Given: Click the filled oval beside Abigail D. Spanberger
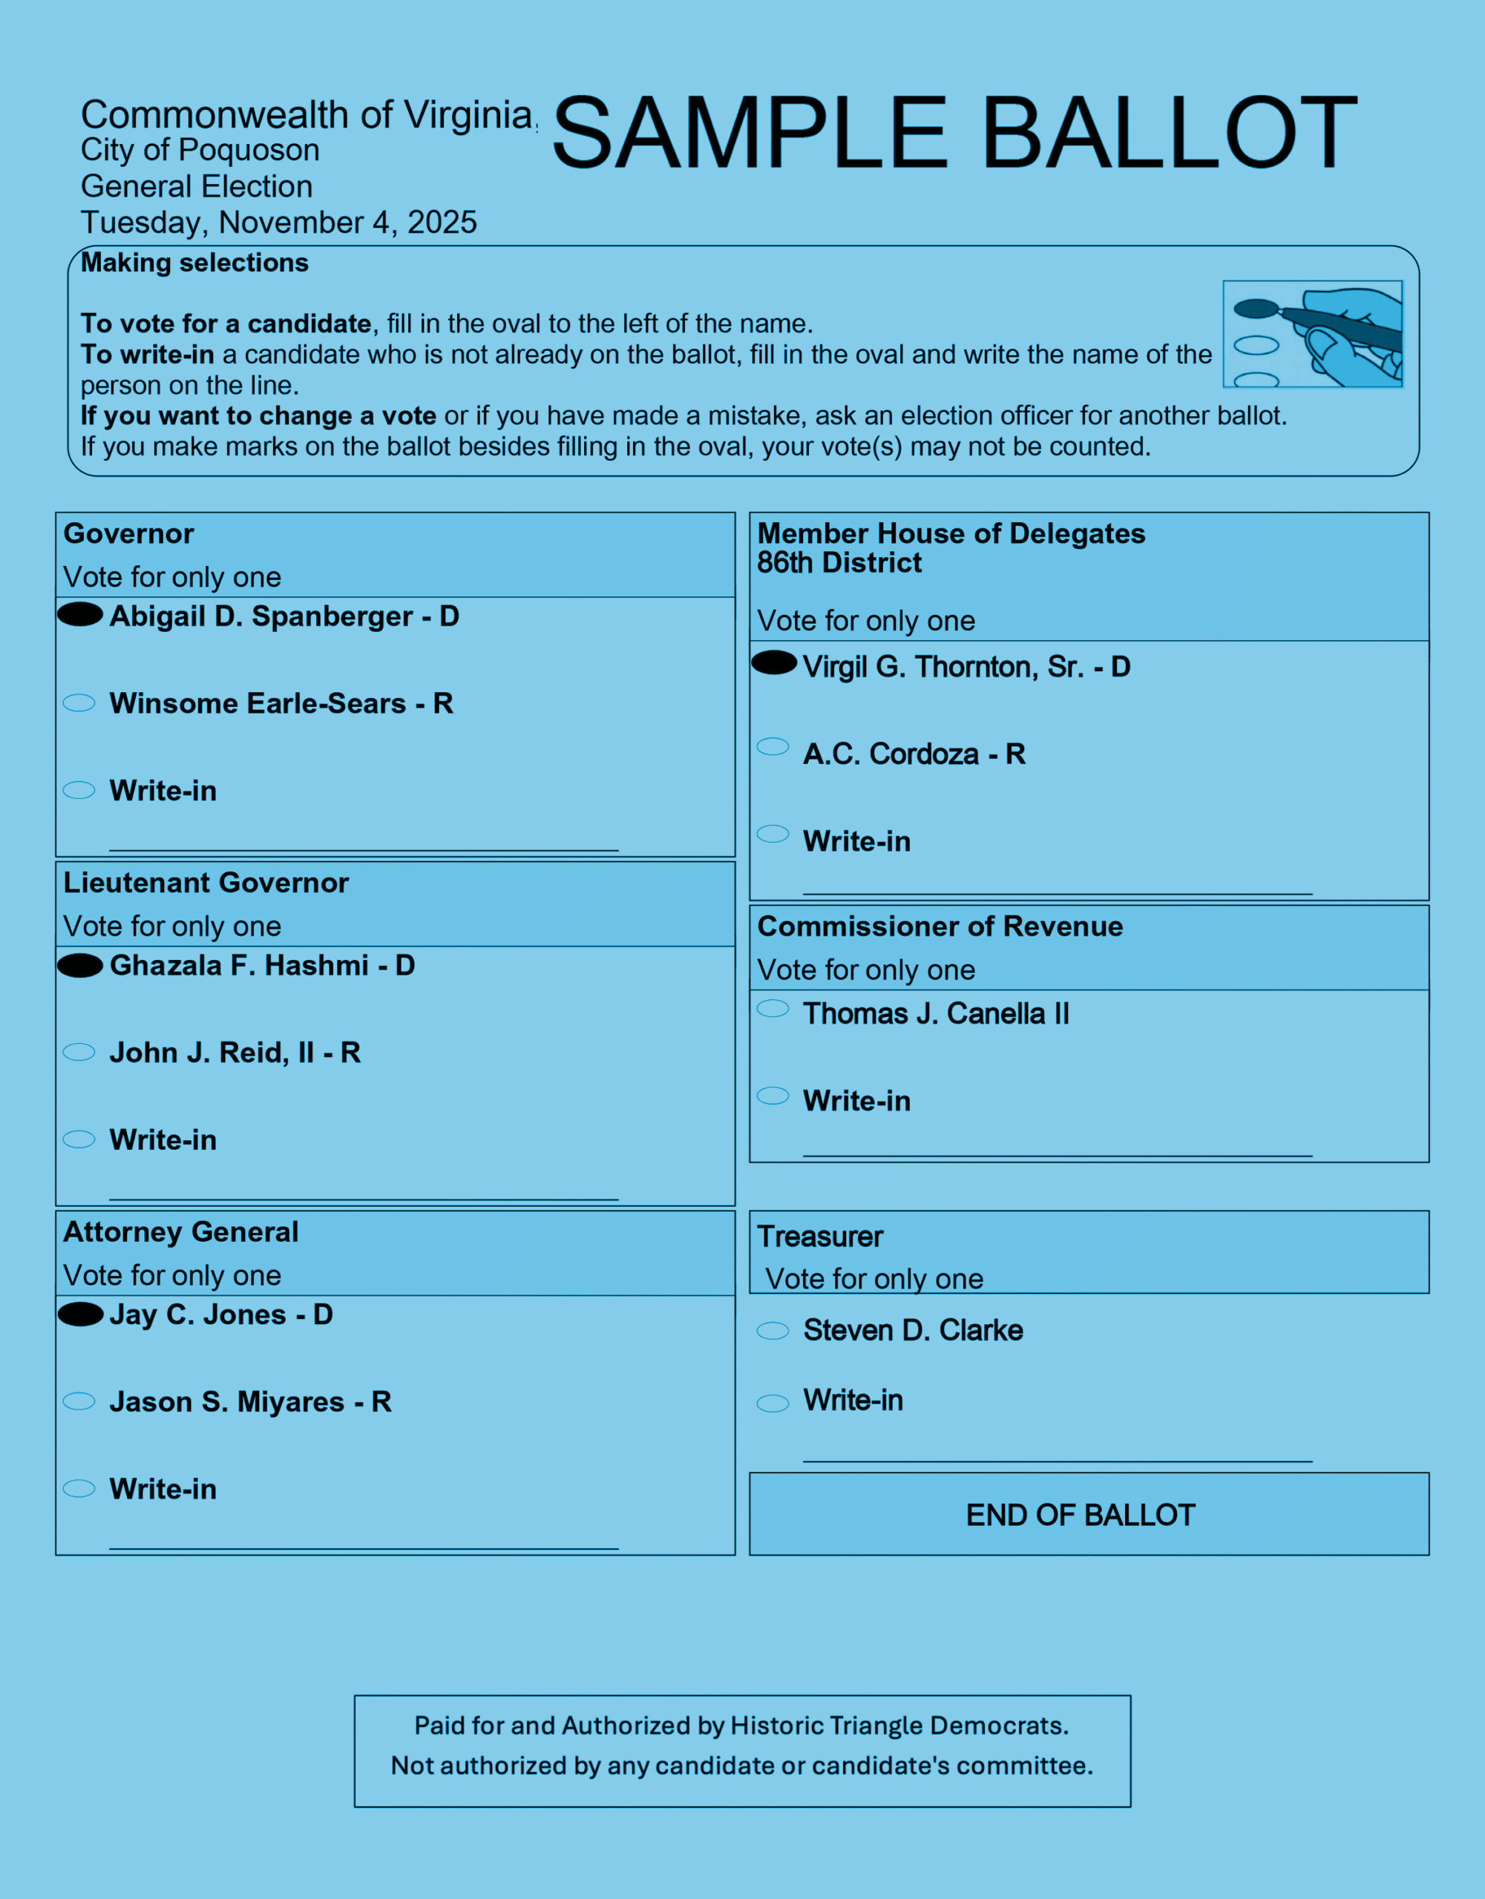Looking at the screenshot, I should pos(80,614).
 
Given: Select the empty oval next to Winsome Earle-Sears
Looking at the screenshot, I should pos(79,702).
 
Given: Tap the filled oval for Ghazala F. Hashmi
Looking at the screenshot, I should pos(80,965).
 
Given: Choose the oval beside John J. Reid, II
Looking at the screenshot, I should pos(79,1052).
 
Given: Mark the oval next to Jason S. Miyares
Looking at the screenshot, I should pos(79,1401).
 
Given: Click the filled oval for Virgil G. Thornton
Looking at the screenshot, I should pos(773,662).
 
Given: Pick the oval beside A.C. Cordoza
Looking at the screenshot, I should pos(773,747).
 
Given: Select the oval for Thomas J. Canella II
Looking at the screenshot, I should pos(773,1009).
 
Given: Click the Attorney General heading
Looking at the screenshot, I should pos(181,1232).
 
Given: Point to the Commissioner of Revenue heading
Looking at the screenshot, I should pos(940,926).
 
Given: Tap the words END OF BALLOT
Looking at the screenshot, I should pos(1081,1515).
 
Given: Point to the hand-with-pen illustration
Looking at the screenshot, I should pos(1313,334).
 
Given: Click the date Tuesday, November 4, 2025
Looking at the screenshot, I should pos(278,223).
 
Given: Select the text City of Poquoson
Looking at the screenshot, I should pos(200,150).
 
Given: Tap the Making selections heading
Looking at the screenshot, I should pos(195,263).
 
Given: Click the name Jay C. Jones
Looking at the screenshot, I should pos(197,1314).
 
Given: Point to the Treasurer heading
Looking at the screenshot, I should pos(819,1237).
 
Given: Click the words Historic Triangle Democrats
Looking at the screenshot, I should pos(899,1725).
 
